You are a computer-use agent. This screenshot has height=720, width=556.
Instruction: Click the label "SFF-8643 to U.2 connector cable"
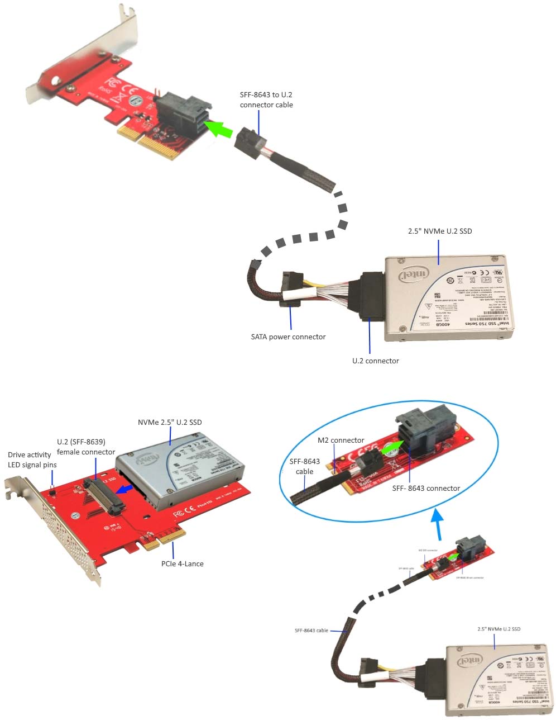[x=266, y=100]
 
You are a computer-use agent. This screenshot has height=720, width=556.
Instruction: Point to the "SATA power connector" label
[x=288, y=337]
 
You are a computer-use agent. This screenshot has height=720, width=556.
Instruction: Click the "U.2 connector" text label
[x=375, y=361]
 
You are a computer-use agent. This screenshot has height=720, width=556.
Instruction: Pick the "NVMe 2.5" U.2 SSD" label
[x=170, y=422]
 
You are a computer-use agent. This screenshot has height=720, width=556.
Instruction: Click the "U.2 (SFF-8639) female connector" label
[x=86, y=447]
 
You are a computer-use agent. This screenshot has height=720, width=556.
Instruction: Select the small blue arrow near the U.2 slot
[x=128, y=489]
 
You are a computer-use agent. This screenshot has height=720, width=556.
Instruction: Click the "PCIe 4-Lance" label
[x=183, y=563]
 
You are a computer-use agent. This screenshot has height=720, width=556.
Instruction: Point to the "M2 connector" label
[x=341, y=440]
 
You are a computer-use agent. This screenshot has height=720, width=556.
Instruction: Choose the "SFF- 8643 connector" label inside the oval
[x=426, y=488]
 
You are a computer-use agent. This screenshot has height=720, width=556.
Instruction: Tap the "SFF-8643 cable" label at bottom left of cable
[x=311, y=630]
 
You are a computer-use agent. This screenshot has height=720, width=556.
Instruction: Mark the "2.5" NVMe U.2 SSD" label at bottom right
[x=499, y=629]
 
